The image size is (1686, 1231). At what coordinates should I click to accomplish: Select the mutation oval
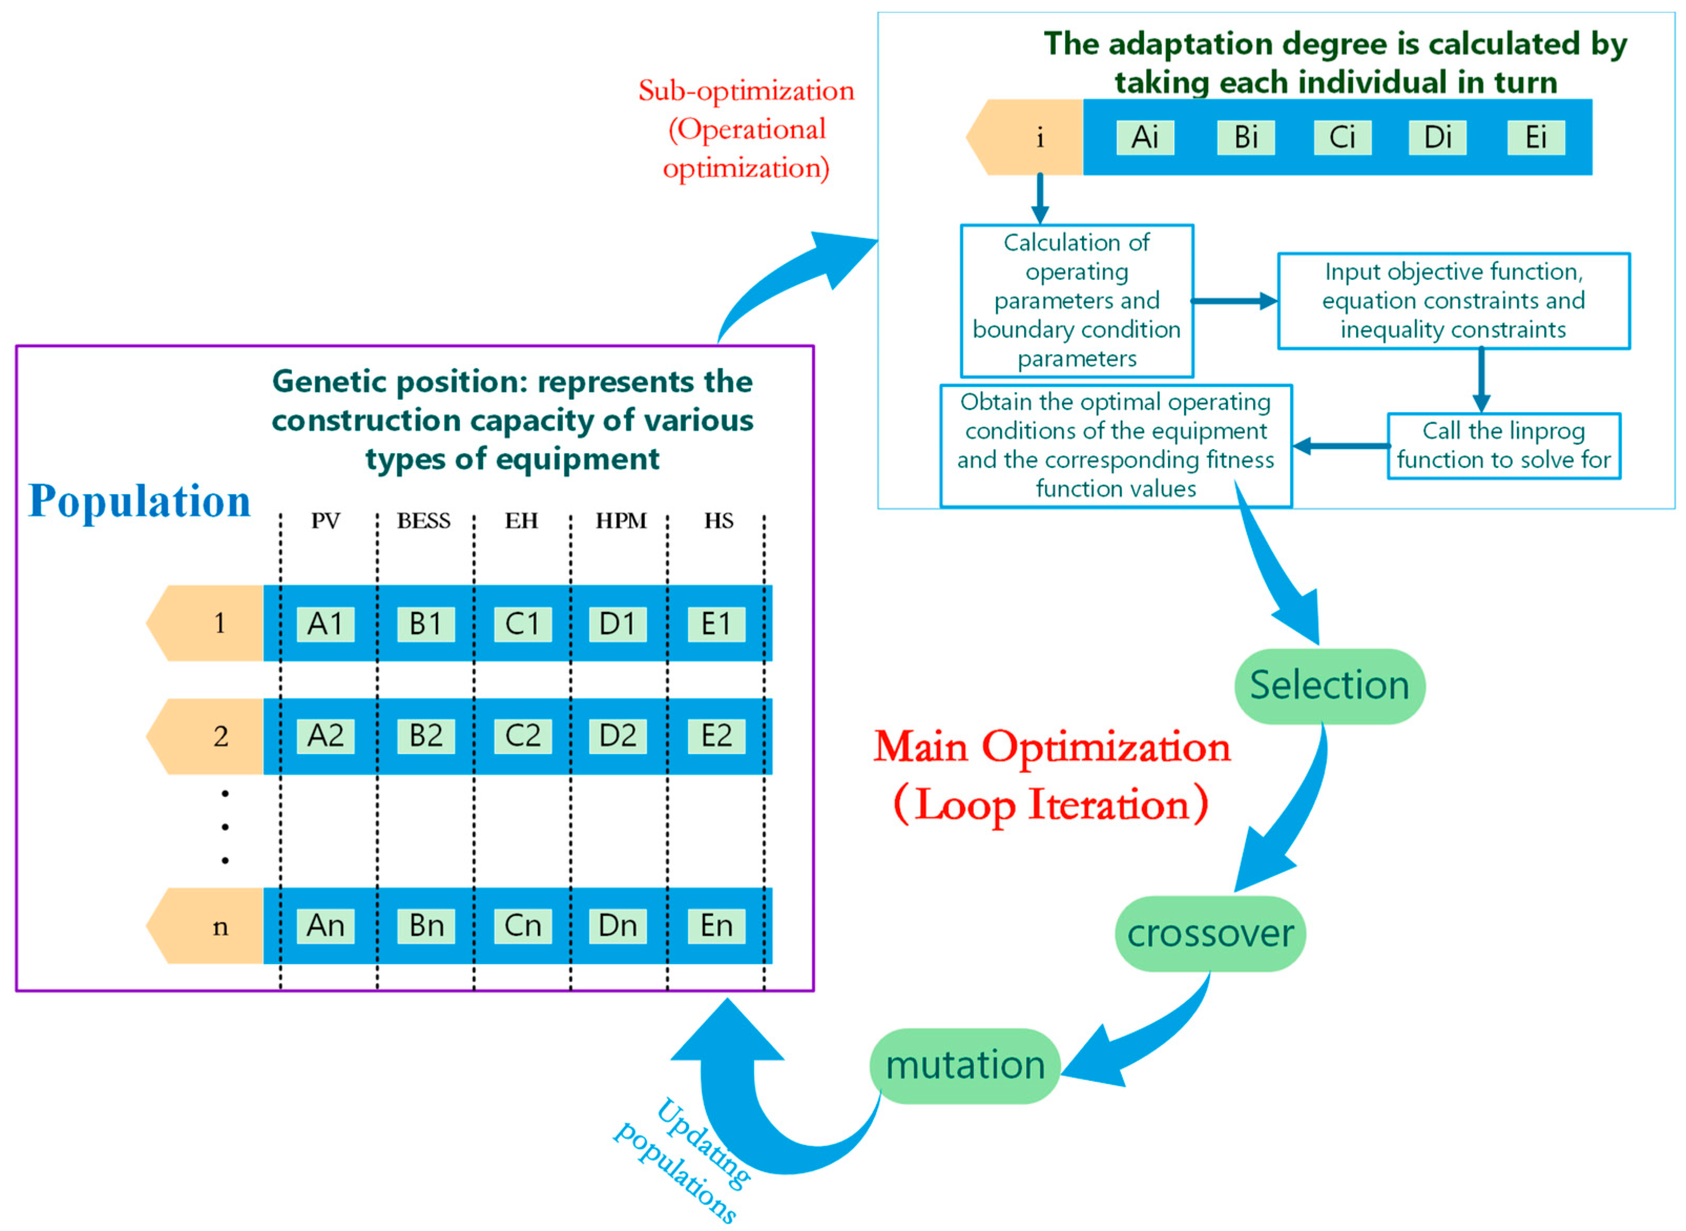point(964,1065)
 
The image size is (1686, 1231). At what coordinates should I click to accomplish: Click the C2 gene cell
point(522,735)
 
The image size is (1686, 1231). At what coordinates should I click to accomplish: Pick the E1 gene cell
point(715,623)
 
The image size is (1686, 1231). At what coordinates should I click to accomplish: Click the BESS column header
point(423,520)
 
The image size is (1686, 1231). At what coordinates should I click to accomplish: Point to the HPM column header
point(621,520)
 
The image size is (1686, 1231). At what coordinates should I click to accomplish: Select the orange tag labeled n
point(209,925)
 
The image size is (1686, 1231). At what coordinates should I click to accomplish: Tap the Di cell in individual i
point(1437,137)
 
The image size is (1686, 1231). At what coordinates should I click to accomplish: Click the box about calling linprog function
point(1503,445)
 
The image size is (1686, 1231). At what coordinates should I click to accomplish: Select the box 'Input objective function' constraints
point(1453,300)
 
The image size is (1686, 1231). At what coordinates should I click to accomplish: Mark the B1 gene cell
point(425,623)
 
